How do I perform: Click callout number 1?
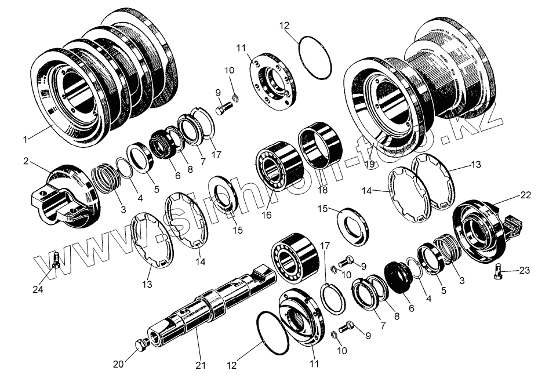pyautogui.click(x=25, y=139)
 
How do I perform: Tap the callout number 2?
pyautogui.click(x=26, y=161)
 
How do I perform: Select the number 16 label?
pyautogui.click(x=267, y=216)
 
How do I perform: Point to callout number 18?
pyautogui.click(x=323, y=190)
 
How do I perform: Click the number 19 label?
pyautogui.click(x=370, y=164)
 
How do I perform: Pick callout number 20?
pyautogui.click(x=118, y=364)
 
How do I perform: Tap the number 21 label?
pyautogui.click(x=201, y=366)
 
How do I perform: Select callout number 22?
pyautogui.click(x=526, y=195)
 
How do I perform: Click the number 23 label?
pyautogui.click(x=525, y=271)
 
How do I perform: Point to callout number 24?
pyautogui.click(x=38, y=289)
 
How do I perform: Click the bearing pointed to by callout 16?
pyautogui.click(x=280, y=166)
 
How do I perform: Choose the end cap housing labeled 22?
pyautogui.click(x=486, y=229)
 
